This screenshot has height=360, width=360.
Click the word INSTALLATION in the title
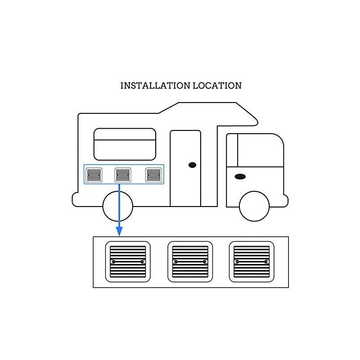(155, 85)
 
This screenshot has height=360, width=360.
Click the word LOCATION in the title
(217, 85)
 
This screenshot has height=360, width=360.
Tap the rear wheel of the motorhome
(118, 206)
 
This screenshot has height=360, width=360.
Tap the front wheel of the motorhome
(254, 206)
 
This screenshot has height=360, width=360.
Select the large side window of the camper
(125, 144)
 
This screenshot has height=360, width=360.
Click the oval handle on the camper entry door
(193, 165)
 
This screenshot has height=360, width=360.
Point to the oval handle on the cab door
(240, 176)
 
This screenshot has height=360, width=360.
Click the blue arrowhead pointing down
(119, 231)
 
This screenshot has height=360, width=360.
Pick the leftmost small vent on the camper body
(94, 175)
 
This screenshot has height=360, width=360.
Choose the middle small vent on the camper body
(123, 175)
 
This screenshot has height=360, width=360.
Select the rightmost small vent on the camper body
(153, 175)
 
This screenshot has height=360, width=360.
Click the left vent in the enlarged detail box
(128, 262)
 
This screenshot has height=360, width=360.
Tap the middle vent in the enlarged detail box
(190, 262)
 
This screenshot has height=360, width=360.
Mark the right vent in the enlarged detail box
(252, 262)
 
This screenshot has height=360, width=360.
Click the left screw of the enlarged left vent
(113, 262)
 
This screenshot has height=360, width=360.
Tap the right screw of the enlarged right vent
(266, 262)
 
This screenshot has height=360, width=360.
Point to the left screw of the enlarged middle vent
(175, 262)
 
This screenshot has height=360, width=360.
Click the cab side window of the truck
(261, 150)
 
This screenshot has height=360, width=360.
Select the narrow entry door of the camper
(185, 168)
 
